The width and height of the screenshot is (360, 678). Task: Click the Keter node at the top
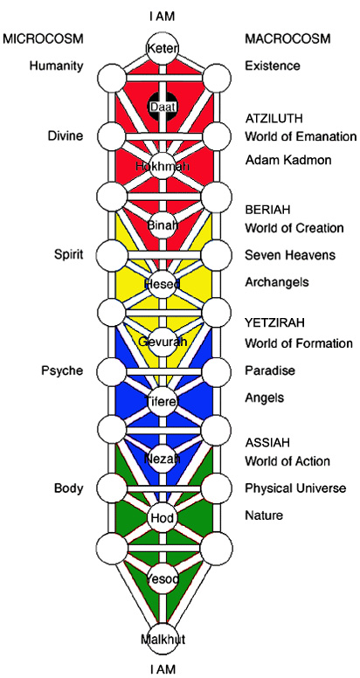pos(163,47)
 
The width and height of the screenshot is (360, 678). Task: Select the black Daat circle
pos(163,106)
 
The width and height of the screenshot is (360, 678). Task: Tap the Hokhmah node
pos(163,164)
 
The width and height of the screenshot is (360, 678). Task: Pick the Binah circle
pos(163,224)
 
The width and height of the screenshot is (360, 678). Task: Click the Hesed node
pos(163,283)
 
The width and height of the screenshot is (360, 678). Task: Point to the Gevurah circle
pos(163,342)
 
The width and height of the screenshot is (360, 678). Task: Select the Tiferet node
pos(163,400)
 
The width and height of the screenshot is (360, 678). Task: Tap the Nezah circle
pos(163,458)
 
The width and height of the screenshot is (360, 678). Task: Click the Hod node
pos(163,517)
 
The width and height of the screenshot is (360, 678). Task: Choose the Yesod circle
pos(163,578)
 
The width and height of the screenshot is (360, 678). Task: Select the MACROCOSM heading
pos(287,38)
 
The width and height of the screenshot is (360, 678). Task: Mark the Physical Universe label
pos(295,488)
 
